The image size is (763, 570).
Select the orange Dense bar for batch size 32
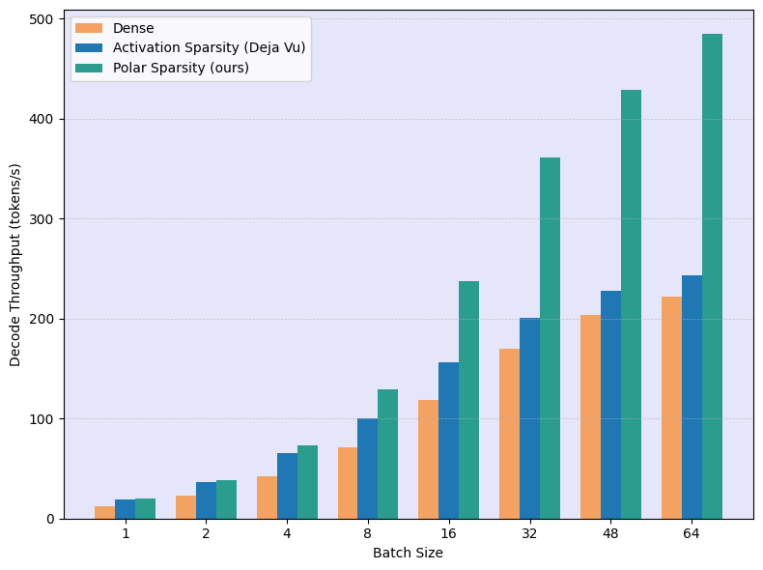pos(509,434)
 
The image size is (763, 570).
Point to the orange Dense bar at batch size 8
pos(348,483)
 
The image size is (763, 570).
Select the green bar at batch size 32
pos(550,338)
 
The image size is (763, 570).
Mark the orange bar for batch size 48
pos(590,416)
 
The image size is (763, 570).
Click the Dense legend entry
pos(133,28)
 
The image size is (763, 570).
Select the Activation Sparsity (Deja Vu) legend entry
pos(209,47)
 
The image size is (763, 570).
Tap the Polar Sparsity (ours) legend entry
pos(181,68)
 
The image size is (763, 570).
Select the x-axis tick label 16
pos(449,533)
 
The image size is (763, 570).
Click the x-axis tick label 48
pos(610,533)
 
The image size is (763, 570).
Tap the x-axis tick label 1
pos(126,533)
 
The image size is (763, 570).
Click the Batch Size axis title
pos(408,553)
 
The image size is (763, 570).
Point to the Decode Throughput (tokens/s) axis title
pos(15,264)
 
